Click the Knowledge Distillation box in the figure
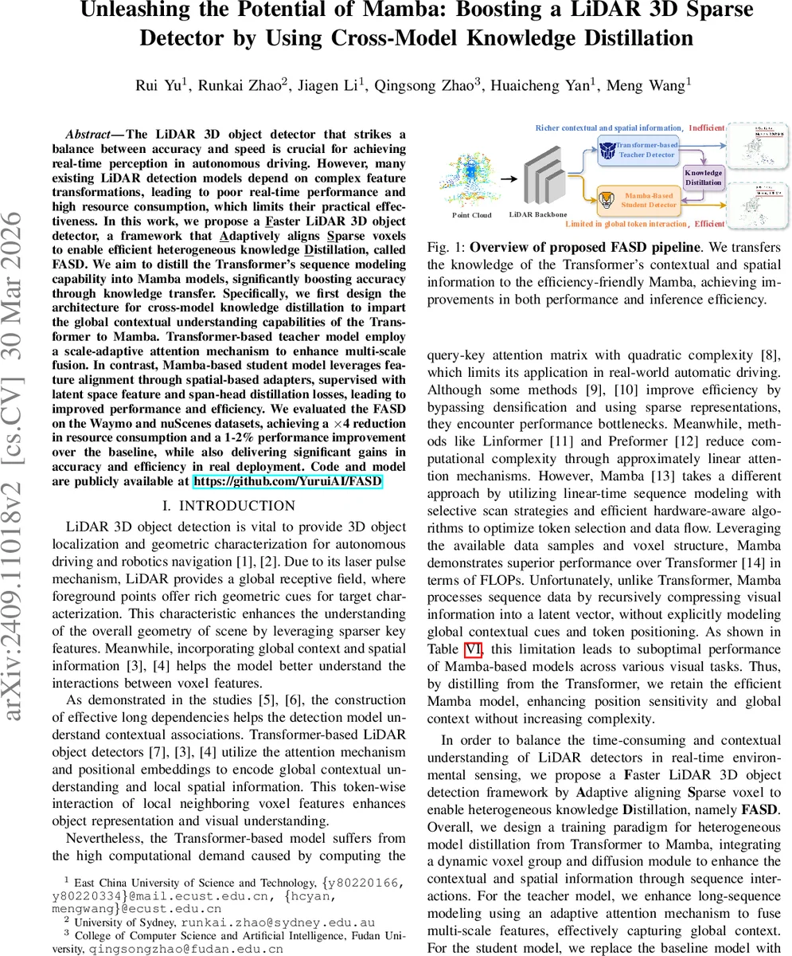tap(703, 177)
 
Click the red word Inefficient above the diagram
tap(706, 127)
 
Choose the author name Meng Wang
tap(646, 85)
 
